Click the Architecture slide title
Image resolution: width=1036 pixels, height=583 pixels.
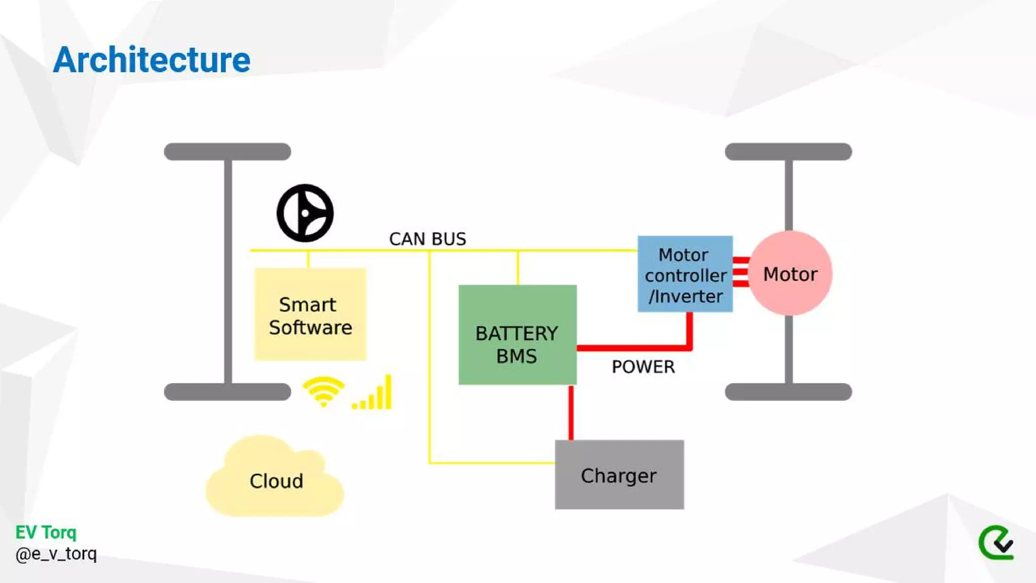tap(151, 60)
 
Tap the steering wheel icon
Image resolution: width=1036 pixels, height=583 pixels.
tap(305, 213)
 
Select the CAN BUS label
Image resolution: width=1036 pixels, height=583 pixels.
tap(427, 239)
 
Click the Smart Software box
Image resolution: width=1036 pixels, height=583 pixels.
tap(310, 314)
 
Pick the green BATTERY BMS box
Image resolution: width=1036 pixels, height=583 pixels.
tap(517, 335)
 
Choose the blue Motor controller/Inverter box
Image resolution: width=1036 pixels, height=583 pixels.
tap(685, 274)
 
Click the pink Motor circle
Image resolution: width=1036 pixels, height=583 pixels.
tap(790, 273)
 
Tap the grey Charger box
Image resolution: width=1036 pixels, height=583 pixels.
tap(619, 475)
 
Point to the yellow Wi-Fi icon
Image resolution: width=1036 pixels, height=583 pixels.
tap(323, 392)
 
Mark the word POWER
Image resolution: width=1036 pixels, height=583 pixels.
tap(643, 367)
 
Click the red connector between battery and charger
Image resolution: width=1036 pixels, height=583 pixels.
tap(571, 412)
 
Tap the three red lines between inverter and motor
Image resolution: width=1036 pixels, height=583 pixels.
tap(741, 272)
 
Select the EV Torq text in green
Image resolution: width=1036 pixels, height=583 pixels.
tap(46, 532)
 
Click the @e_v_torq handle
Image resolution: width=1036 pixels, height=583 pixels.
tap(56, 554)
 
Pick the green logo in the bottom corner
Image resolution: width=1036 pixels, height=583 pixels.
tap(996, 543)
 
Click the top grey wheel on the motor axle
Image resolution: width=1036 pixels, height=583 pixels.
tap(788, 151)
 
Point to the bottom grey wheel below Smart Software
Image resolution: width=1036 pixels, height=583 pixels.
tap(227, 392)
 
